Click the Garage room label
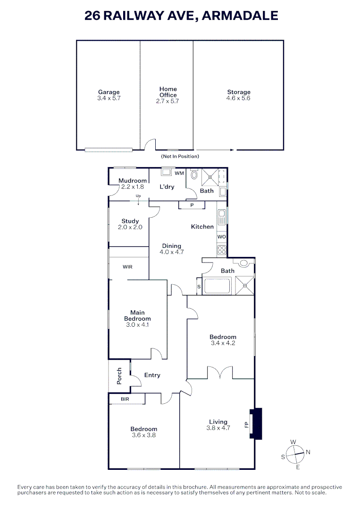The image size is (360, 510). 109,92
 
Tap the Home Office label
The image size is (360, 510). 168,92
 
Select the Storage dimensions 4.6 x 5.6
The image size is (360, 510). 238,99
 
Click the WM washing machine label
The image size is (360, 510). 179,173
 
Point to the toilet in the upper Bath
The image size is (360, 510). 194,176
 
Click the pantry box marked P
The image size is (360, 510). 192,205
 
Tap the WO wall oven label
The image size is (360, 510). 222,236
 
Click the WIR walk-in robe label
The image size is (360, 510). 127,267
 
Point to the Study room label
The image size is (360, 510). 130,221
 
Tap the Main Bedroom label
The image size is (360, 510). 138,315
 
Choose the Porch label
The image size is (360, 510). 119,375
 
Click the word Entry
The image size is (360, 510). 152,375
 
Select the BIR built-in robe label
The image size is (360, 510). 125,399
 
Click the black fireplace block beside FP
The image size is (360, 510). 256,424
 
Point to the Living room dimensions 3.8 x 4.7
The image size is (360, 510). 218,428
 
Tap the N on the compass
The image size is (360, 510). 308,452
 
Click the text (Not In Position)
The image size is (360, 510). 180,156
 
